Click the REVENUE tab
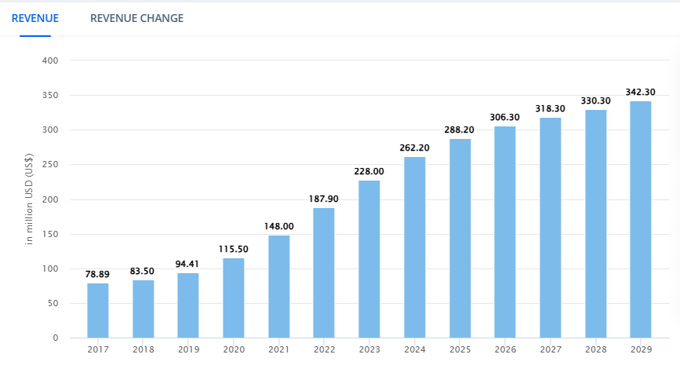(x=35, y=17)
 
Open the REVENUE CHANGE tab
(x=136, y=17)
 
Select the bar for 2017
(x=98, y=310)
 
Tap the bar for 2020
(x=234, y=298)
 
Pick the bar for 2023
(x=369, y=259)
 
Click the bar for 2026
(x=505, y=232)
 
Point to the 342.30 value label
(x=641, y=92)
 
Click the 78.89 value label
(x=98, y=274)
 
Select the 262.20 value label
(x=415, y=148)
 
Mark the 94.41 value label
(x=188, y=264)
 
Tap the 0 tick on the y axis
(x=56, y=338)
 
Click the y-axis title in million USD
(x=31, y=199)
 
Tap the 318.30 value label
(x=551, y=108)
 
